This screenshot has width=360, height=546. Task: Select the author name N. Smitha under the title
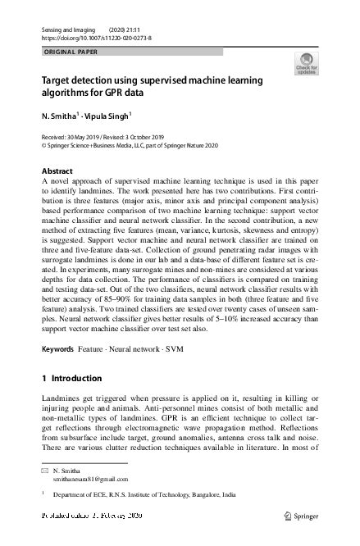pyautogui.click(x=58, y=116)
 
